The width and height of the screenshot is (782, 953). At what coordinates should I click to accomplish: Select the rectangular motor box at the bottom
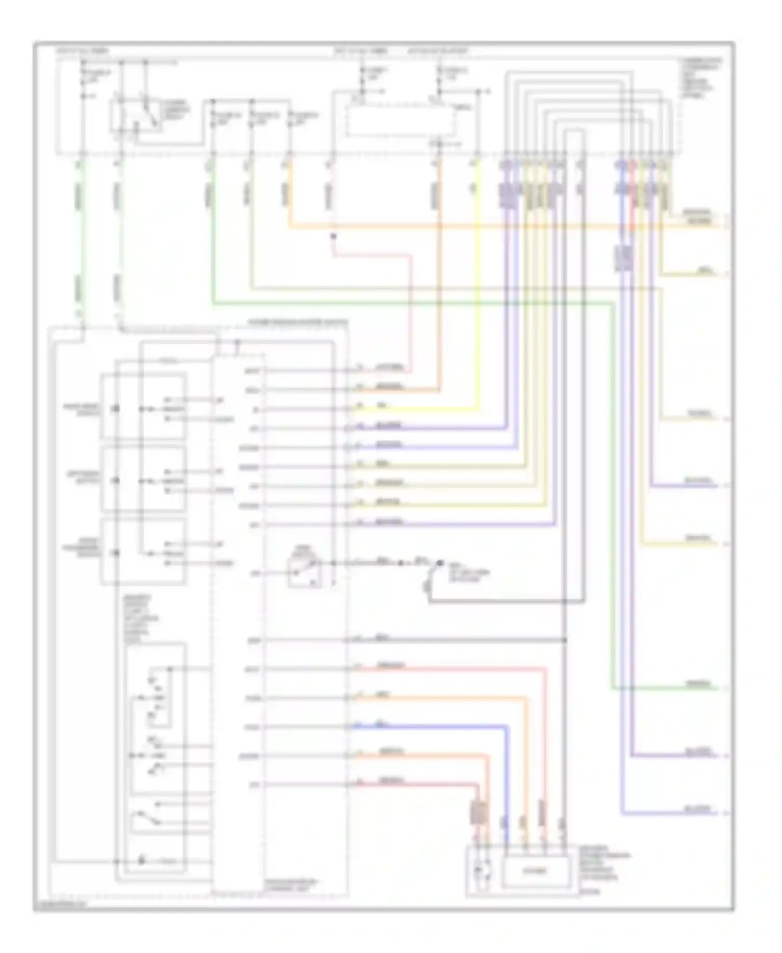535,871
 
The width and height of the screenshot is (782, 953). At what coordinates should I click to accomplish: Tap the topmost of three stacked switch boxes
143,407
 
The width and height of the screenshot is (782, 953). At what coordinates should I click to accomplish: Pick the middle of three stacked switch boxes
143,479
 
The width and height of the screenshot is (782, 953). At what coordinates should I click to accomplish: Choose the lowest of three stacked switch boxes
143,551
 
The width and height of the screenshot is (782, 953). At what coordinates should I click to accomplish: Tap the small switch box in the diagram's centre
305,571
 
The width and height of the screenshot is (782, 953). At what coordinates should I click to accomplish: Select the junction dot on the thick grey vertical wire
565,640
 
